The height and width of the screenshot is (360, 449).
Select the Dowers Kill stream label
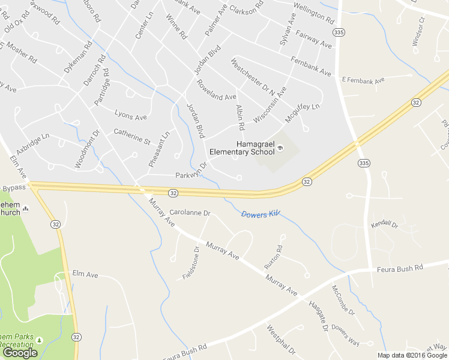[x=261, y=214]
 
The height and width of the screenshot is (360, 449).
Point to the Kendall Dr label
[x=384, y=224]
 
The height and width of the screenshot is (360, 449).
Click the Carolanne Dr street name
[x=190, y=212]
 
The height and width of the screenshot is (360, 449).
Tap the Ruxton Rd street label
[x=273, y=257]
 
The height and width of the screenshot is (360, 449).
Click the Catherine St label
[x=132, y=136]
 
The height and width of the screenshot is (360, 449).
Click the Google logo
[x=19, y=353]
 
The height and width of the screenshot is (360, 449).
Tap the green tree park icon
[x=39, y=340]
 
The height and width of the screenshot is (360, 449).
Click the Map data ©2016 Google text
[x=412, y=355]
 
